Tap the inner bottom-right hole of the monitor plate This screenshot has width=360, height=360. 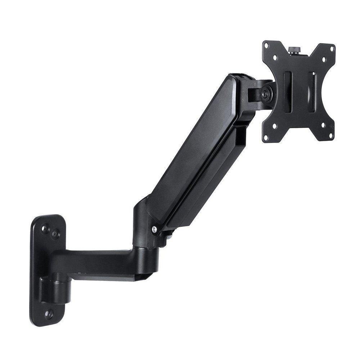click(322, 126)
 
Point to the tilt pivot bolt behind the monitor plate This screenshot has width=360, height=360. click(265, 93)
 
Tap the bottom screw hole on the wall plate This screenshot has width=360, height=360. click(48, 314)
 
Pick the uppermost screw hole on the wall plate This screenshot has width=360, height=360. click(45, 228)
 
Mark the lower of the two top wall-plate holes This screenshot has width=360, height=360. click(55, 235)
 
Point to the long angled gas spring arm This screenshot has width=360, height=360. click(202, 151)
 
